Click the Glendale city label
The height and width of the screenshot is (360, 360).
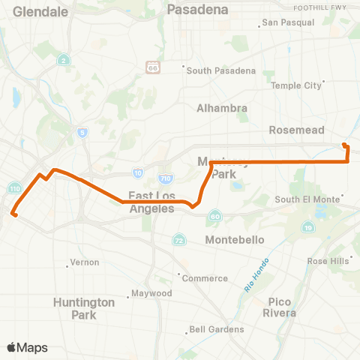point(40,12)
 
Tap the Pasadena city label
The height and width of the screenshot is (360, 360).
point(197,10)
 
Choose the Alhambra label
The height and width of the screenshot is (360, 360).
point(221,108)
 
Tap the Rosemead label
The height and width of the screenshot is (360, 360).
point(297,130)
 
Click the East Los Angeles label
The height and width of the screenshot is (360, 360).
point(151,202)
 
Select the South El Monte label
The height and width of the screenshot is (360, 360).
point(308,199)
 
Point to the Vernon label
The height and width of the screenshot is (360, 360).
point(79,262)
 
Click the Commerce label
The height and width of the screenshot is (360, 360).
point(205,278)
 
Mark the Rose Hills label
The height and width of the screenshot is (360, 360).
point(328,261)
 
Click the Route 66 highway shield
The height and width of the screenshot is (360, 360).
point(153,67)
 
